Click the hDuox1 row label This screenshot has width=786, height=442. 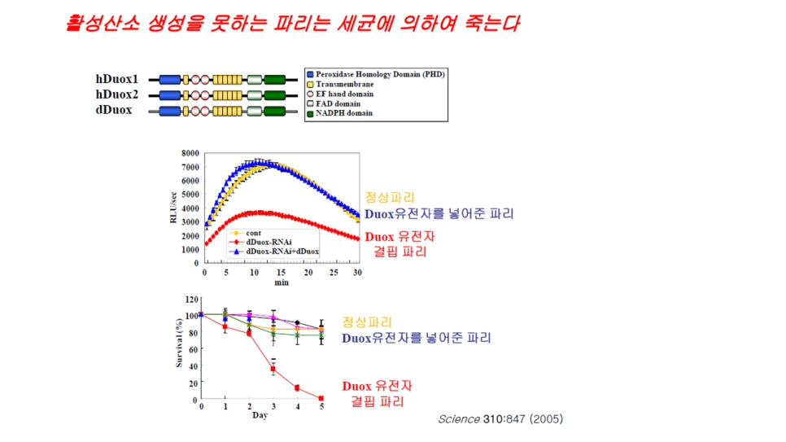pos(117,79)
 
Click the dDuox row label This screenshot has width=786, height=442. pos(114,110)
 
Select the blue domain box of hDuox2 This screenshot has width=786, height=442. pos(169,94)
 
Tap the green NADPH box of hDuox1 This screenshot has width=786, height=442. pos(275,79)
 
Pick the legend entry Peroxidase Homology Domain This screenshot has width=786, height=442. pos(375,74)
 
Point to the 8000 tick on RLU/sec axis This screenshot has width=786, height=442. pos(190,153)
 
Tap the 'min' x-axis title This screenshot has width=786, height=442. pos(282,282)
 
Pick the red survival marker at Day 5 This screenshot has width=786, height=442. pos(321,398)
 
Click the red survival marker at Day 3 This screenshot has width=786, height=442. pos(273,369)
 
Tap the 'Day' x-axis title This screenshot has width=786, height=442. pos(260,416)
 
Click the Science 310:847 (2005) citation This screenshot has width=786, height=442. pos(500,419)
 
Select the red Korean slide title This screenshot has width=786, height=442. pos(291,23)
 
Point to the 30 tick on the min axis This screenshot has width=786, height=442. pos(358,272)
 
